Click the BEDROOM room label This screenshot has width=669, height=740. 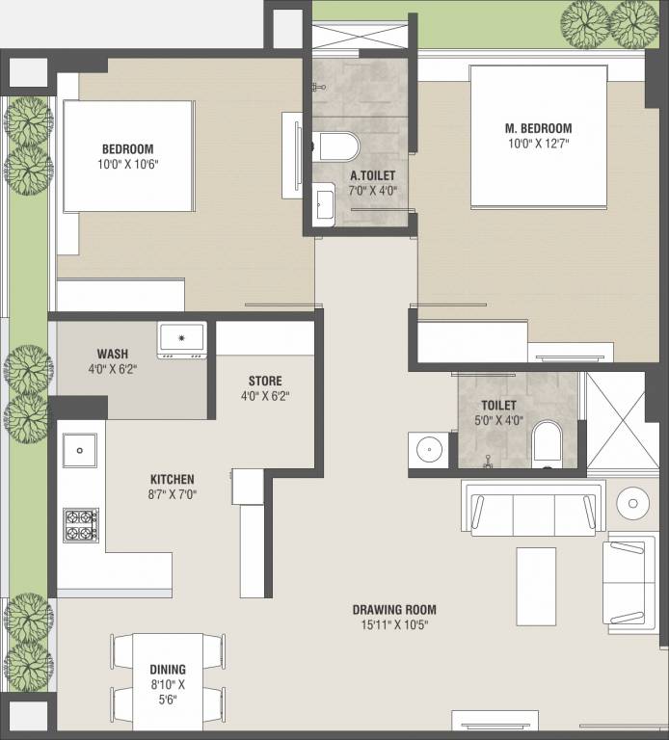pos(128,149)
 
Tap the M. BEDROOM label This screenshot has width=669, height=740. pos(538,128)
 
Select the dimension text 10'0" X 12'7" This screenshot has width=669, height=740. pos(538,144)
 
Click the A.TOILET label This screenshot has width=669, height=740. pos(372,175)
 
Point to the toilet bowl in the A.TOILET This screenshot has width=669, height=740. pos(335,146)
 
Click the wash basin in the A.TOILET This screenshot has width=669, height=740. pos(325,205)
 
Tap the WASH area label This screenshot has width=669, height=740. pos(113,354)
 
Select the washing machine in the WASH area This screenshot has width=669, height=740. pos(182,340)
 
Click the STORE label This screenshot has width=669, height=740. pos(265,381)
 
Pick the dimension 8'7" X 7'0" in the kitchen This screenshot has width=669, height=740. pos(172,494)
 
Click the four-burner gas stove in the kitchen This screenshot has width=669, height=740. pos(81,525)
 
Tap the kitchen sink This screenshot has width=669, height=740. pos(80,450)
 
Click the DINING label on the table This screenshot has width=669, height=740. pos(168,670)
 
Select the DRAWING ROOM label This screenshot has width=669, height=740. pos(394,610)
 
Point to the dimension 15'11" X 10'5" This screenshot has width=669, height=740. pos(394,624)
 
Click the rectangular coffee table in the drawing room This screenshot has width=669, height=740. pos(536,587)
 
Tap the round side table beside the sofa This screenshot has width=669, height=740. pos(632,504)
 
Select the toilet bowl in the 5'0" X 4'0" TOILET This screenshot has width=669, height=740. pos(548,443)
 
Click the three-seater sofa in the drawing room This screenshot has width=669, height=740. pos(533,509)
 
